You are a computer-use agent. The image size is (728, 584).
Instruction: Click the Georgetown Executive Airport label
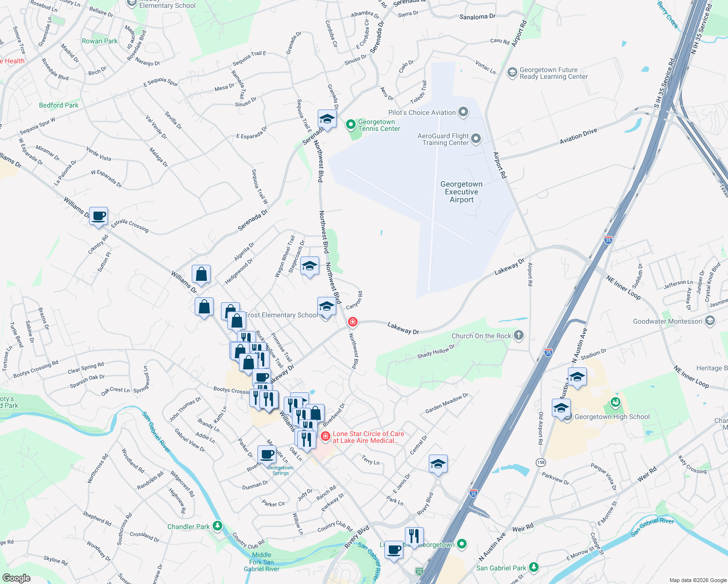pos(461,192)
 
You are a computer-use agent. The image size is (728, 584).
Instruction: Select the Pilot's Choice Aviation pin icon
pos(463,112)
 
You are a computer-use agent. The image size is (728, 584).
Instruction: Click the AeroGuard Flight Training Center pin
pos(476,139)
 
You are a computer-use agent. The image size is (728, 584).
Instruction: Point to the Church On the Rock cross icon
pos(519,335)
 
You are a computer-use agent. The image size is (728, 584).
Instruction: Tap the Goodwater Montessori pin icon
pos(710,321)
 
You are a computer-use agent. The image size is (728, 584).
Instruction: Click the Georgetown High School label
pos(612,417)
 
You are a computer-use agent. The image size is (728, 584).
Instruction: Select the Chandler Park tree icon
pos(218,526)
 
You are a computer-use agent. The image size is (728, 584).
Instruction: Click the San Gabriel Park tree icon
pos(534,567)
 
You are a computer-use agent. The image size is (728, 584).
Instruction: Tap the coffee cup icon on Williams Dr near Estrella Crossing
pos(98,216)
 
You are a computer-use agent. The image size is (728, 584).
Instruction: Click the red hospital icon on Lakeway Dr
pos(353,322)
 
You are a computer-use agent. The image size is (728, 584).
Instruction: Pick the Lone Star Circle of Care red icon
pos(326,437)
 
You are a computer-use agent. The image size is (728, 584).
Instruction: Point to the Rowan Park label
pos(100,41)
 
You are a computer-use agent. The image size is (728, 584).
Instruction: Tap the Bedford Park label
pos(59,105)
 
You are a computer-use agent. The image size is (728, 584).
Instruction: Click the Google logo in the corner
pos(16,578)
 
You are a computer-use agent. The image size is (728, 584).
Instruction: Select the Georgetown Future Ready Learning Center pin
pos(512,73)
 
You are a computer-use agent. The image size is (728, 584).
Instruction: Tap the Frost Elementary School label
pos(281,315)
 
